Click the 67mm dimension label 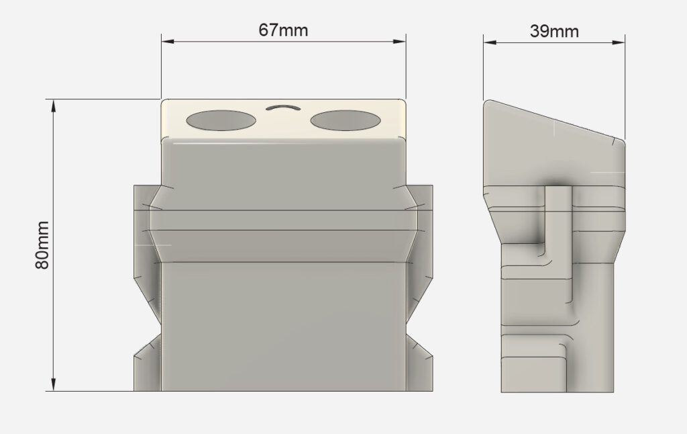(x=283, y=30)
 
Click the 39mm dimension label (x=554, y=31)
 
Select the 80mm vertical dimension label (x=42, y=245)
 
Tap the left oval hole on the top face (x=221, y=120)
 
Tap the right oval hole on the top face (x=346, y=120)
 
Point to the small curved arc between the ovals (x=283, y=106)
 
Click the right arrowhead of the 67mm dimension (x=399, y=42)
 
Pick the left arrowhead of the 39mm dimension (x=490, y=42)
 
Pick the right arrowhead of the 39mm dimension (x=618, y=42)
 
